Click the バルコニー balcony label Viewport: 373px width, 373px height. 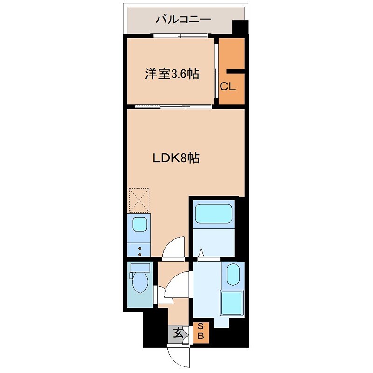(x=183, y=20)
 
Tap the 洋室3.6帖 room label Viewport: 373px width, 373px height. (x=172, y=74)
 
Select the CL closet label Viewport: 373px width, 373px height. (x=228, y=87)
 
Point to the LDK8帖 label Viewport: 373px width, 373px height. (x=177, y=159)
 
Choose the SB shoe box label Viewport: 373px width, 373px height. (x=201, y=331)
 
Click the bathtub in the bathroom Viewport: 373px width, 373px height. (x=214, y=214)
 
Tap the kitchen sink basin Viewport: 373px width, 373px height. (x=139, y=225)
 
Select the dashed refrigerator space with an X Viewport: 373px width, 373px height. (x=139, y=200)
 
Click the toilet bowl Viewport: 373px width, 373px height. (x=140, y=283)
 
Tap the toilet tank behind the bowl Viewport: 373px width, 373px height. (x=140, y=268)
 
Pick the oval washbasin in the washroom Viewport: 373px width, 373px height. (x=233, y=273)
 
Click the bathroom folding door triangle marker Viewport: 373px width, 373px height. (x=201, y=253)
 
